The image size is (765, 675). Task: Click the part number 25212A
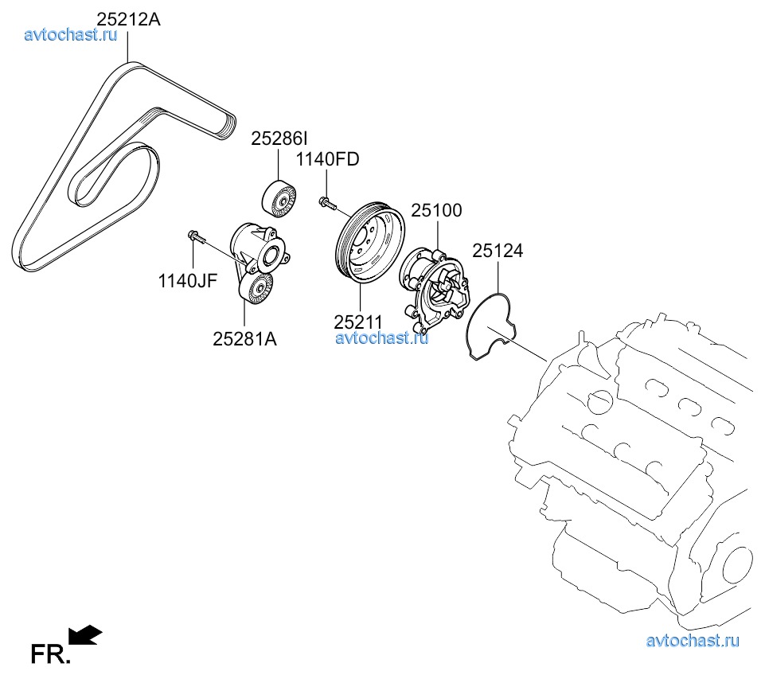coord(128,18)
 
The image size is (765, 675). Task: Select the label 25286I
coord(279,139)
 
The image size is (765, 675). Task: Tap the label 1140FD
coord(327,159)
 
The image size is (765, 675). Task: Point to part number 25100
coord(436,211)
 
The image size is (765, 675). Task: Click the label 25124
coord(498,251)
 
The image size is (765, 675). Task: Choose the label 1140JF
coord(187,280)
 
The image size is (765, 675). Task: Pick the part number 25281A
coord(244,338)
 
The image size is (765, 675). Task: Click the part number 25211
coord(358,322)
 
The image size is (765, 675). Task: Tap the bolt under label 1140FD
coord(326,203)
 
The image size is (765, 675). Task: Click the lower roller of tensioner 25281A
coord(256,291)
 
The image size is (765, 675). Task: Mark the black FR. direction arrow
coord(85,634)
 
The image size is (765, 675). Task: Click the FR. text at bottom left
coord(50,654)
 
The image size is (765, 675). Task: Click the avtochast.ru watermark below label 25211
coord(382,337)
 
